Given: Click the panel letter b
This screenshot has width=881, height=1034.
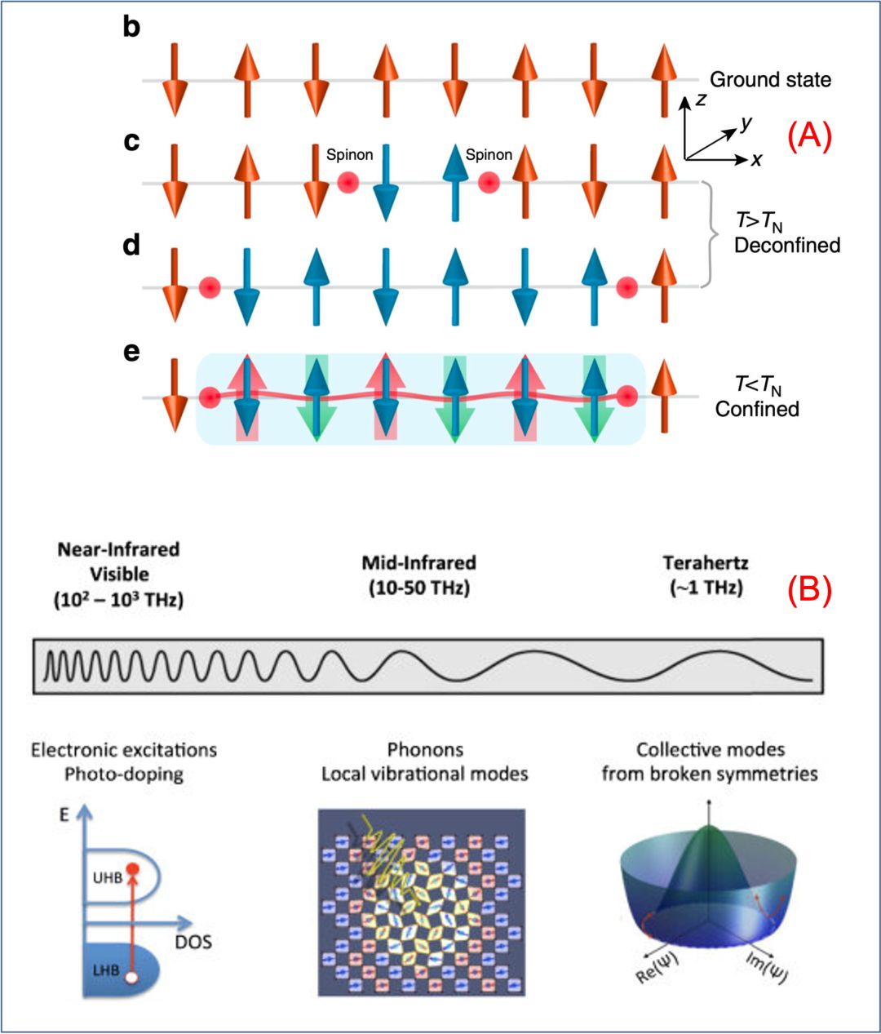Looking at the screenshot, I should pyautogui.click(x=131, y=27).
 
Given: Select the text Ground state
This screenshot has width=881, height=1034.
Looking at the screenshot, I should pyautogui.click(x=770, y=80).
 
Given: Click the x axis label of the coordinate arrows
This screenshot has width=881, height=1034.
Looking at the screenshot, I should pyautogui.click(x=757, y=160).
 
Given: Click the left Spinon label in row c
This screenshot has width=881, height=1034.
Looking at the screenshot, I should pyautogui.click(x=350, y=154).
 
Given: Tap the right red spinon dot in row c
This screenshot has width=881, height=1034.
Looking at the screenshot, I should pyautogui.click(x=489, y=183).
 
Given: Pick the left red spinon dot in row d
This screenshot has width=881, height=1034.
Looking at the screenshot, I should pyautogui.click(x=210, y=287).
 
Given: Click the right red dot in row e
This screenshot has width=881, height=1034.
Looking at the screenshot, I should pyautogui.click(x=626, y=397).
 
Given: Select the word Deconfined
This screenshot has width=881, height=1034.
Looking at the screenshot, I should pyautogui.click(x=786, y=245).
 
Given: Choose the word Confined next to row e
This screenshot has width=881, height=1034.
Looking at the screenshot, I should pyautogui.click(x=757, y=409).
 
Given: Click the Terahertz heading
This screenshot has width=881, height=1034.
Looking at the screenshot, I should pyautogui.click(x=706, y=563).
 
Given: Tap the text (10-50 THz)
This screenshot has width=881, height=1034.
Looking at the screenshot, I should pyautogui.click(x=419, y=588).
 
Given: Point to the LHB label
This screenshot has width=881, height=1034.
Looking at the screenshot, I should pyautogui.click(x=105, y=970).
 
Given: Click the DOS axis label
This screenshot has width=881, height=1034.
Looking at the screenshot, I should pyautogui.click(x=193, y=942).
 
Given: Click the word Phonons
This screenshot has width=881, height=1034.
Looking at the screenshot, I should pyautogui.click(x=425, y=749).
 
